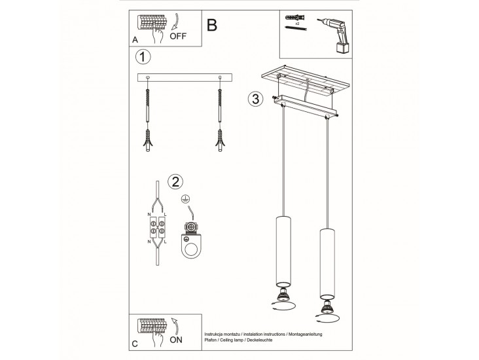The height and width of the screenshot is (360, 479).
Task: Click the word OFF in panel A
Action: click(x=178, y=36)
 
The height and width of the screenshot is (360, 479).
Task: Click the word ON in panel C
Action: click(x=176, y=340)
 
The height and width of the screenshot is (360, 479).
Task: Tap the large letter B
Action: click(x=212, y=25)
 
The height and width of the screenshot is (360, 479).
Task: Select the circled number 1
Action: click(x=143, y=57)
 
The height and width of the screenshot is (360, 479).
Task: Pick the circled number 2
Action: click(x=175, y=181)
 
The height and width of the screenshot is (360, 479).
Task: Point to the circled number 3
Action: click(x=255, y=99)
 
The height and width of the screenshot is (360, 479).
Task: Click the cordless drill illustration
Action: click(x=334, y=35)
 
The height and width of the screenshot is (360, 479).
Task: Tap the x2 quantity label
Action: click(x=297, y=23)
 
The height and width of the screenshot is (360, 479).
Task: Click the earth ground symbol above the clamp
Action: click(x=185, y=199)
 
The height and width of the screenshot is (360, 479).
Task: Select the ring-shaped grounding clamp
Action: click(x=191, y=245)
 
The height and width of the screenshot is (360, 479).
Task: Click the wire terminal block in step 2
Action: click(x=158, y=227)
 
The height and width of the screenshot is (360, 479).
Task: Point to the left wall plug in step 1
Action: click(x=147, y=140)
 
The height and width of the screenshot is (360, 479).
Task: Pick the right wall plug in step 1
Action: click(x=220, y=140)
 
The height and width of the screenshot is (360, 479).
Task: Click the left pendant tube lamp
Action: click(x=283, y=251)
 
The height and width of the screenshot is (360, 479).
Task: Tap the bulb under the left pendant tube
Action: click(x=283, y=295)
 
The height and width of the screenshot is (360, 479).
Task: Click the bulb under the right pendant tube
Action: click(x=327, y=307)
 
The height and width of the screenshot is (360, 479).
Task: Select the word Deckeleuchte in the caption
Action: click(x=259, y=340)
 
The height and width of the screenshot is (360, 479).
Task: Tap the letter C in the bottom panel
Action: click(x=135, y=344)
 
